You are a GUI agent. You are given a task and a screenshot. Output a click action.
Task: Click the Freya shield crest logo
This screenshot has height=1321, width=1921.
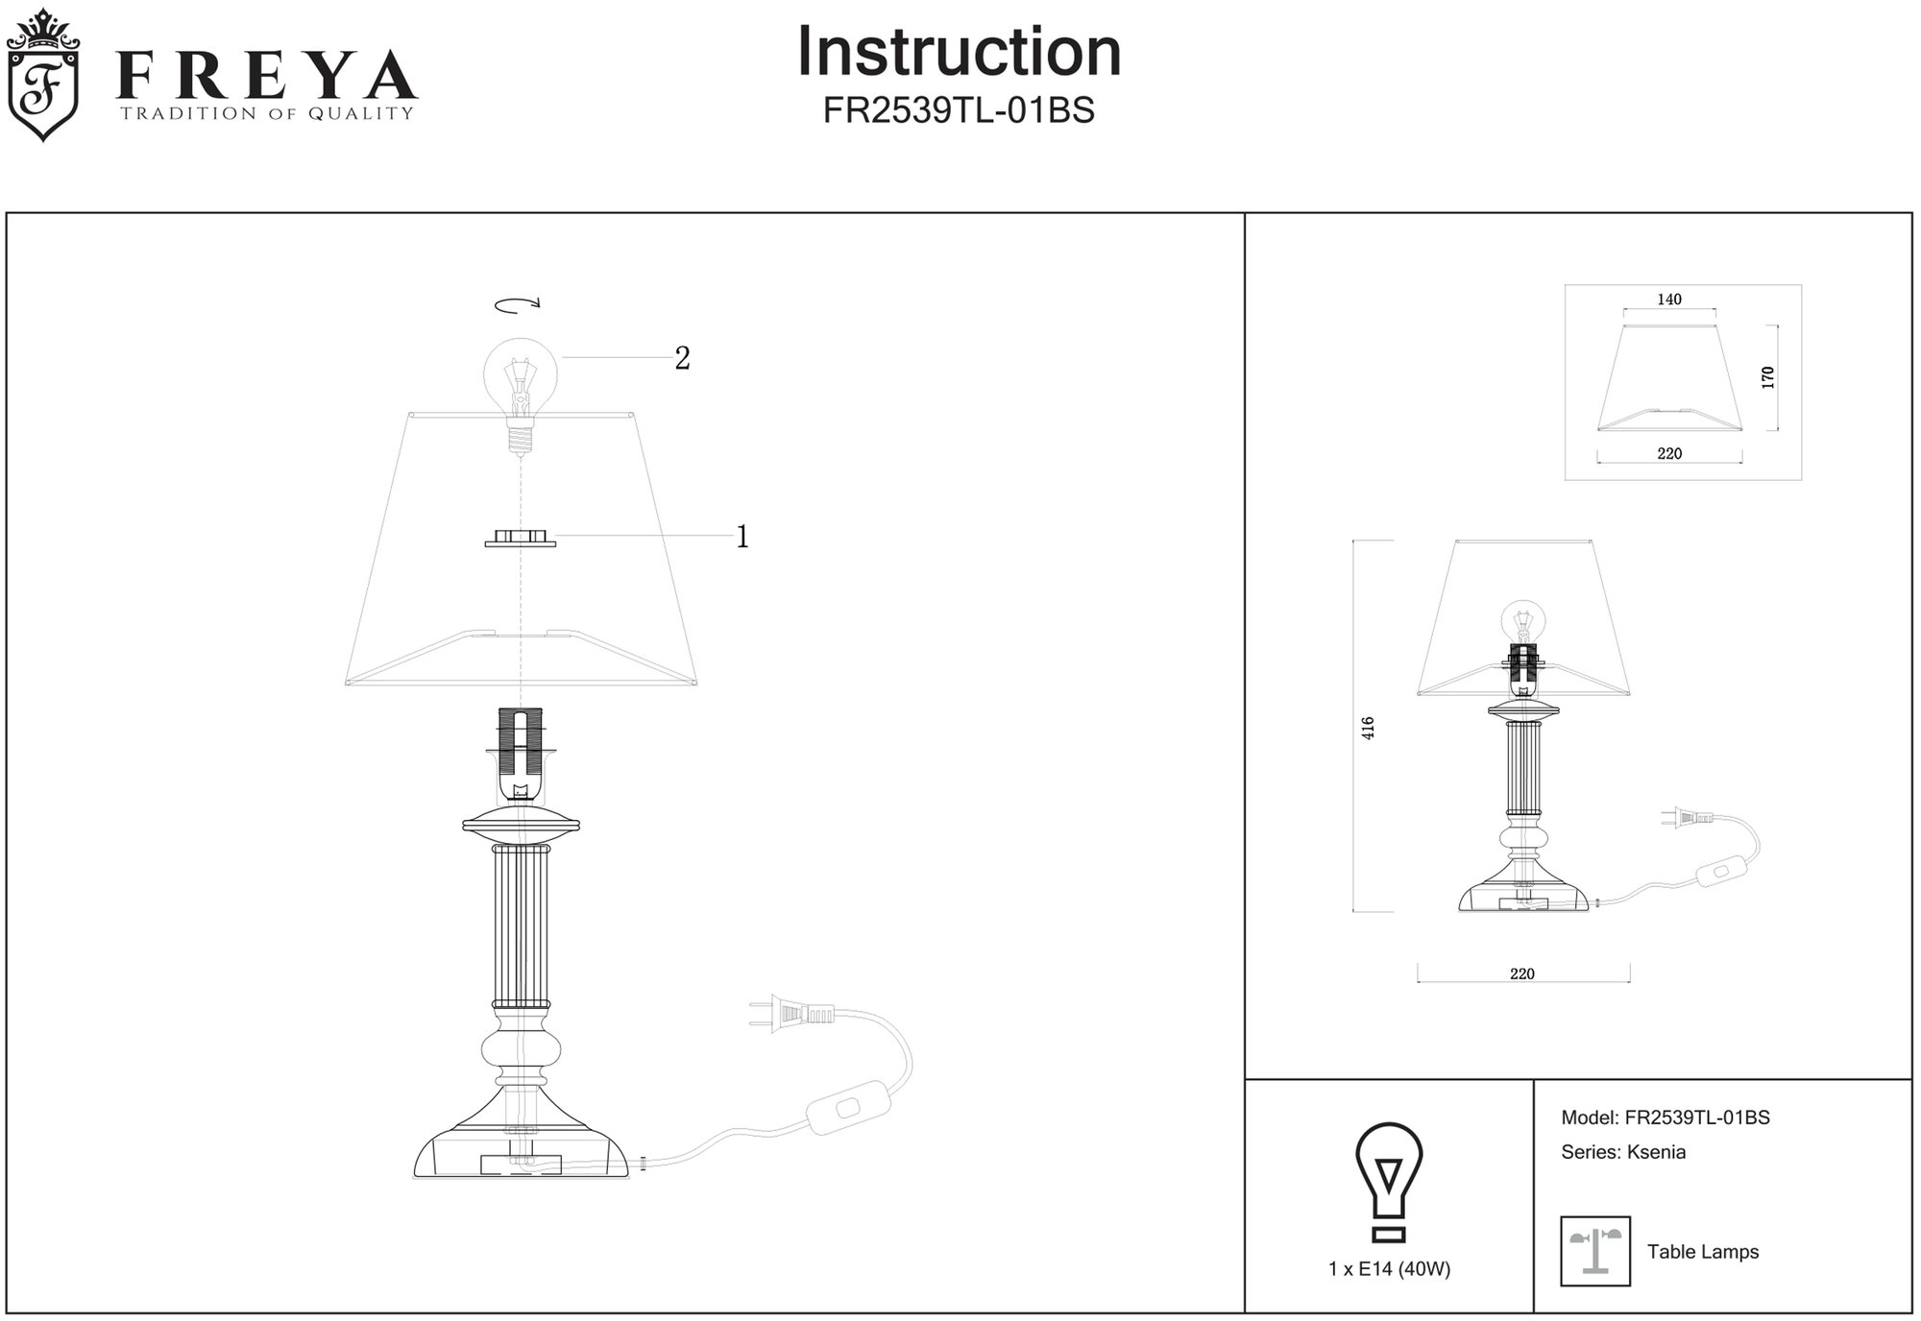43,77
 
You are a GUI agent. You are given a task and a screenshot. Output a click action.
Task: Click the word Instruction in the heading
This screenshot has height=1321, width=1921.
959,52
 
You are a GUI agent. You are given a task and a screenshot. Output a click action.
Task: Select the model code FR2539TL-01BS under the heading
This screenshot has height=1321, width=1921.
959,111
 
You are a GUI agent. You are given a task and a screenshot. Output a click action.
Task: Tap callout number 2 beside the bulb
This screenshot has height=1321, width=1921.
682,358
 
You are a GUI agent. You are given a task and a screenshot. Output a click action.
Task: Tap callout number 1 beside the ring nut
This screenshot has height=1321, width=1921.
742,537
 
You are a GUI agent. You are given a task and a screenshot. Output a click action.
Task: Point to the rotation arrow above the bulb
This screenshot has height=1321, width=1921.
518,305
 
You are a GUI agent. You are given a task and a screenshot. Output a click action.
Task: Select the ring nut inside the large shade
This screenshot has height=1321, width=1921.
520,539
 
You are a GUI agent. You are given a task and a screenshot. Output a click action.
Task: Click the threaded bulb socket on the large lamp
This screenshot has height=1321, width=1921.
520,744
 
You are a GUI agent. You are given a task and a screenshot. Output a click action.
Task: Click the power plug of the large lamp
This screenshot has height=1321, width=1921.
788,1014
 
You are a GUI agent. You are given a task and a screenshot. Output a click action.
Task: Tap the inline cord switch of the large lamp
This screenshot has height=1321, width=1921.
845,1109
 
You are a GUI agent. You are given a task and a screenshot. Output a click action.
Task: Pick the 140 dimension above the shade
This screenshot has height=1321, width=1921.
1669,300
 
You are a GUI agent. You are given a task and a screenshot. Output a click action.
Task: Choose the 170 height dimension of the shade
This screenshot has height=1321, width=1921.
1767,377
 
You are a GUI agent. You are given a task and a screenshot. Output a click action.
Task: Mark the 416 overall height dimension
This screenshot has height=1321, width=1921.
1368,727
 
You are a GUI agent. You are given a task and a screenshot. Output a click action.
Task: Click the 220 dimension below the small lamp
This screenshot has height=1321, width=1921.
1522,973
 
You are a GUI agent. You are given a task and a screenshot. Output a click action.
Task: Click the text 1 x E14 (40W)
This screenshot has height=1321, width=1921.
1389,1269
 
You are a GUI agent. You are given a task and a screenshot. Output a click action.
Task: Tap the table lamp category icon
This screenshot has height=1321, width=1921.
1595,1252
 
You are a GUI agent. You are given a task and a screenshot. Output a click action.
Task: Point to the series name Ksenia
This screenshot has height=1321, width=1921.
1656,1152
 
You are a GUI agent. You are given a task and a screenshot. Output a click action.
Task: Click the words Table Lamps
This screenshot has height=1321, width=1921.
1703,1252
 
